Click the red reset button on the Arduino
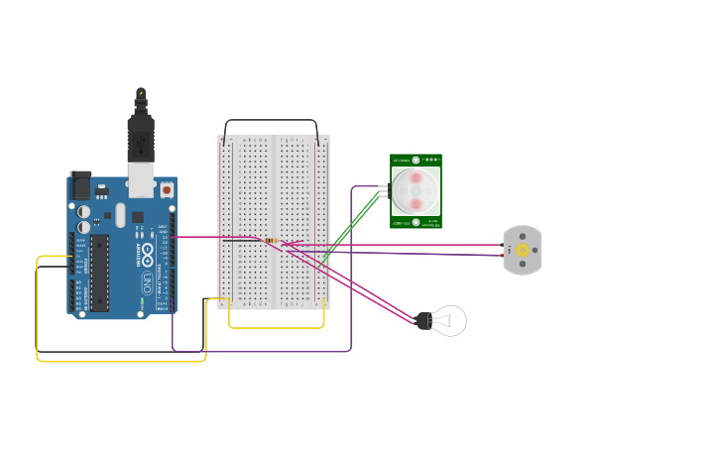click(x=167, y=188)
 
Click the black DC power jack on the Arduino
click(x=80, y=185)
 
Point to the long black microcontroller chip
click(x=99, y=273)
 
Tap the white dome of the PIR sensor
click(x=416, y=190)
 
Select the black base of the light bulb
click(x=423, y=319)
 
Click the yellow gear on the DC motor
click(x=523, y=251)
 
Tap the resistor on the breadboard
click(x=270, y=240)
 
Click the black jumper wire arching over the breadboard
click(x=272, y=121)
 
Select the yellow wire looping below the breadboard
click(x=277, y=327)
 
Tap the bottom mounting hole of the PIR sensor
click(x=416, y=222)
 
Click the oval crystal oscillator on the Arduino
click(x=120, y=215)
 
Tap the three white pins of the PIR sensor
click(x=384, y=190)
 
